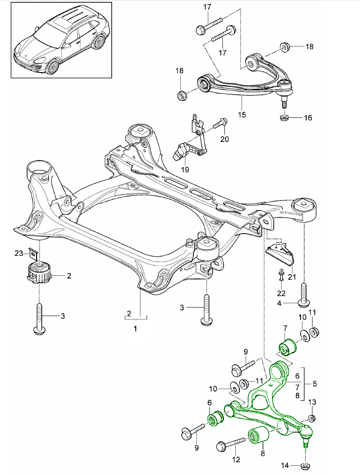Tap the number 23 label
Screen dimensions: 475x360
point(19,252)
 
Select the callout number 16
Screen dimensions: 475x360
point(307,118)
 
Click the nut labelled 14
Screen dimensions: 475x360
point(305,465)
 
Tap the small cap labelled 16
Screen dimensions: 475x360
point(283,118)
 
